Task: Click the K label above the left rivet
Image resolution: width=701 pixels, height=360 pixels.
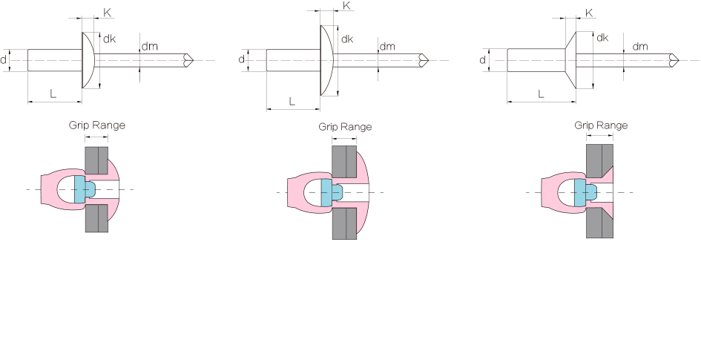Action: pyautogui.click(x=108, y=13)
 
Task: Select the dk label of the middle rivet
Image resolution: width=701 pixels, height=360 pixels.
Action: pyautogui.click(x=347, y=39)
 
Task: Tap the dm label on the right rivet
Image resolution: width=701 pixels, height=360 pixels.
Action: pyautogui.click(x=640, y=46)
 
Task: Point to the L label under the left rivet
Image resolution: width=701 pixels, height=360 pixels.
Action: pyautogui.click(x=53, y=94)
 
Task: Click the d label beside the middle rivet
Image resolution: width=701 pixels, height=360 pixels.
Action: pyautogui.click(x=242, y=59)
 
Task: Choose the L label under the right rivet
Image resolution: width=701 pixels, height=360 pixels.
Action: pyautogui.click(x=541, y=94)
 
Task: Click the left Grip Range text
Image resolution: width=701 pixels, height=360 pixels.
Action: pyautogui.click(x=96, y=125)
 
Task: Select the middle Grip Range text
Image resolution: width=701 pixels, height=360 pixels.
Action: pyautogui.click(x=345, y=127)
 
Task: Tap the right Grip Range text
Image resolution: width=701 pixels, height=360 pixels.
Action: pyautogui.click(x=601, y=125)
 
